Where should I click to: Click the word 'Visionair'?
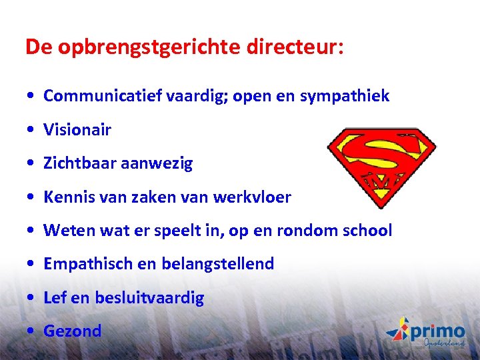[x=77, y=129]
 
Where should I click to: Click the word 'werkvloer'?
[x=253, y=197]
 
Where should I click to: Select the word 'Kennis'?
[x=66, y=197]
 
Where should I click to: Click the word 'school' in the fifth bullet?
[x=366, y=231]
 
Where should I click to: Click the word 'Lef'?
[x=55, y=297]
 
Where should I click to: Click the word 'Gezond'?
[x=73, y=331]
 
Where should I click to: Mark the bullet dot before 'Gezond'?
[x=31, y=331]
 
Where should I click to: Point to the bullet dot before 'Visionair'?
[x=31, y=130]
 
